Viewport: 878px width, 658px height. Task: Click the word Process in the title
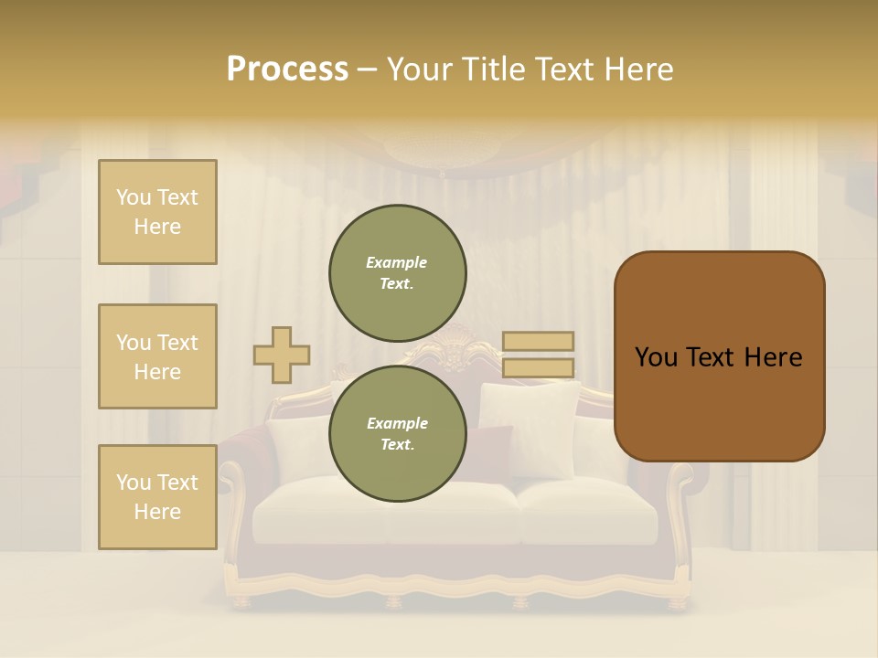click(x=287, y=69)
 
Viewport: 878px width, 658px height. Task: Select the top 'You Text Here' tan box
click(x=157, y=212)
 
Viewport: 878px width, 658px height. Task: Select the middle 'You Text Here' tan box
click(x=157, y=356)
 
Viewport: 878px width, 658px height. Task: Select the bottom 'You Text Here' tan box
click(x=157, y=497)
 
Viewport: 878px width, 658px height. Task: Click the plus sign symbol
click(x=282, y=355)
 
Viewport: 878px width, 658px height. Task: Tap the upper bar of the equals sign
click(x=538, y=341)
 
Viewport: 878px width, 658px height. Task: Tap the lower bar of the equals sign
click(x=538, y=368)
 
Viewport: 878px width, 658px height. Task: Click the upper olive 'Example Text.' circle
click(x=398, y=272)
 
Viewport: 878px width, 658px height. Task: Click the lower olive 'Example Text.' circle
click(x=398, y=433)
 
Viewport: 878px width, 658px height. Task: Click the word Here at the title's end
click(x=637, y=69)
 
